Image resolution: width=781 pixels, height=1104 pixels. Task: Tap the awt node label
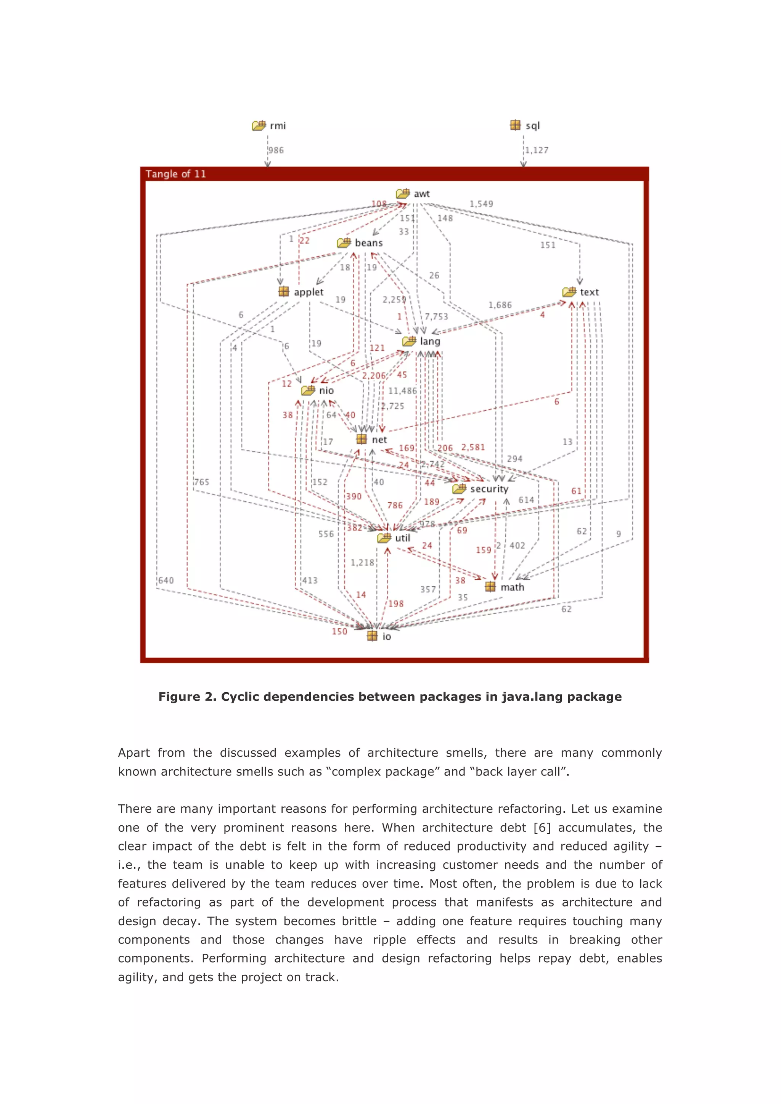(x=421, y=194)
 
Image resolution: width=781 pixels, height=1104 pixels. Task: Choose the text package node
(x=580, y=292)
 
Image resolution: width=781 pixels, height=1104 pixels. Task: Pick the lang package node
(x=421, y=342)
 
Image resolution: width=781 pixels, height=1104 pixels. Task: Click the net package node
(x=371, y=440)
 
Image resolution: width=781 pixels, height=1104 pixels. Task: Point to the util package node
(x=394, y=538)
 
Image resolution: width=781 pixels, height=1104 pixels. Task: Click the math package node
(x=505, y=587)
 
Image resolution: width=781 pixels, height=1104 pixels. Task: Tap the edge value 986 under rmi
(x=276, y=151)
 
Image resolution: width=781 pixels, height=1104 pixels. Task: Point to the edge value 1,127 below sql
(x=537, y=151)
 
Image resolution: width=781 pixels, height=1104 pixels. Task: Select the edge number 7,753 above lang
(x=436, y=316)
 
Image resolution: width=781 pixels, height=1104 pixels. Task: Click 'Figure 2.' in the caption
(x=188, y=697)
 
